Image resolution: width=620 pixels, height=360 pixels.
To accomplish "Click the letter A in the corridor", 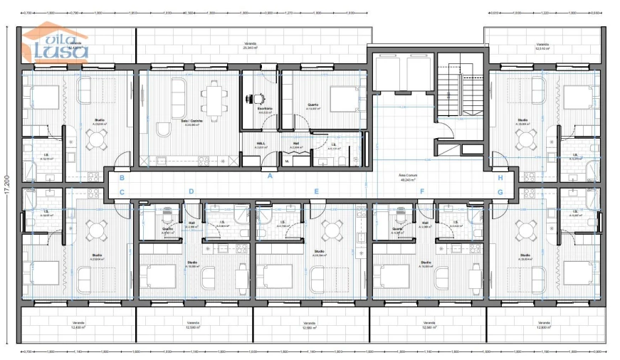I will tap(269, 177).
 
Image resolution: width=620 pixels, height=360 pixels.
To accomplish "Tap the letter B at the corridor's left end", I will tap(122, 178).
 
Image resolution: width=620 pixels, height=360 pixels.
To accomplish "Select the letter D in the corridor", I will tap(191, 191).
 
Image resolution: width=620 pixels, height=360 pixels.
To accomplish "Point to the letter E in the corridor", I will tap(316, 191).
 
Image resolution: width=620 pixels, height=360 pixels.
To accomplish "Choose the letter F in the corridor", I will tap(421, 191).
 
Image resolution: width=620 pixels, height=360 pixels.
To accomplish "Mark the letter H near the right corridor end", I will tap(500, 178).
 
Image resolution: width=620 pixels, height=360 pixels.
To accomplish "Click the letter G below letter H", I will tap(500, 191).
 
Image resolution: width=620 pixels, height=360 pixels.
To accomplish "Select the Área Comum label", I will tap(407, 176).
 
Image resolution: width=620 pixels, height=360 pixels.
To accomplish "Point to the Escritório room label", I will tap(265, 110).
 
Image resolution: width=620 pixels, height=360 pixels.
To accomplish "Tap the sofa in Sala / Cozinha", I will tap(177, 91).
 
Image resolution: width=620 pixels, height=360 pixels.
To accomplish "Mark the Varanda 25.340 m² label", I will tap(250, 46).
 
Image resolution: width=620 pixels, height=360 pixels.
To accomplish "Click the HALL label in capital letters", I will tap(261, 142).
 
